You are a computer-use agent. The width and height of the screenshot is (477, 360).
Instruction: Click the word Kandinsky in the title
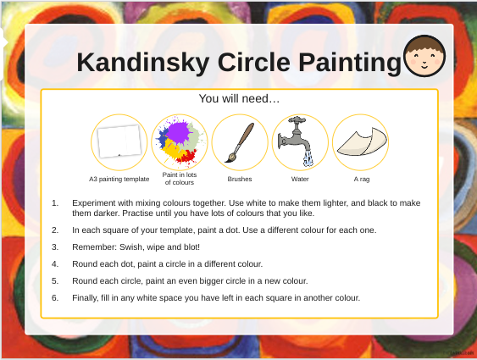click(143, 64)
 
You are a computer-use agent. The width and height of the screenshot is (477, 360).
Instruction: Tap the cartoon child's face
click(424, 56)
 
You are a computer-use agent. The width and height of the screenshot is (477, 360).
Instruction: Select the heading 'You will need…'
click(239, 98)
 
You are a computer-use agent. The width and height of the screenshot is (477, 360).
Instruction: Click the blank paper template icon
click(119, 141)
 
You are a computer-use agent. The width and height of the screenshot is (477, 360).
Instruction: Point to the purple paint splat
click(179, 132)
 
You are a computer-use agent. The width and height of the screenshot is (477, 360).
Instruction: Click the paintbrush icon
click(240, 142)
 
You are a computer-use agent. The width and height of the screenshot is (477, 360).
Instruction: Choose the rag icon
click(362, 141)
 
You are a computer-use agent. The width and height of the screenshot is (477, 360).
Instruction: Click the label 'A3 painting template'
click(119, 179)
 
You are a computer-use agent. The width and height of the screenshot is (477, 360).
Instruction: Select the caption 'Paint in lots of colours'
click(180, 179)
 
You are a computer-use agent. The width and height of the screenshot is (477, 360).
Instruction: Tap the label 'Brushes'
click(240, 179)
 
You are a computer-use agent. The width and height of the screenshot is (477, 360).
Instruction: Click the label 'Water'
click(300, 179)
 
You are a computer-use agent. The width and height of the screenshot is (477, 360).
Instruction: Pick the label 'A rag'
click(362, 180)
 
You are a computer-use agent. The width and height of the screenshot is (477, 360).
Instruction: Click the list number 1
click(55, 202)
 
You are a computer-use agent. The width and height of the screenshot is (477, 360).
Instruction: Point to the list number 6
click(55, 297)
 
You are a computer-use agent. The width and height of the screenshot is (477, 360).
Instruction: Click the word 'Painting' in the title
click(350, 64)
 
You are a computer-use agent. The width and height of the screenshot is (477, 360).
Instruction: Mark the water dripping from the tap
click(308, 158)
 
